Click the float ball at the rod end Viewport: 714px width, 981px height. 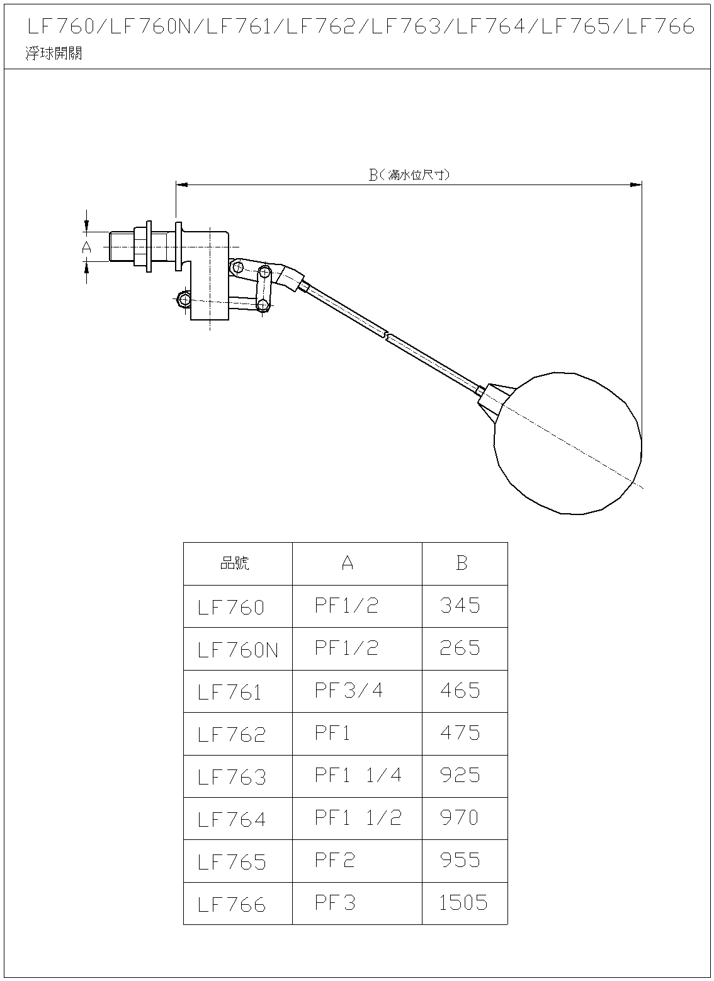(568, 443)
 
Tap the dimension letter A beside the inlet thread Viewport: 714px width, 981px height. (87, 247)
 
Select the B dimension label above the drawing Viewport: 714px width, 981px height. (409, 175)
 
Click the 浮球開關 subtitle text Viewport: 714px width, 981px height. (54, 54)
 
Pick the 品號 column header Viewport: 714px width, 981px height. (234, 563)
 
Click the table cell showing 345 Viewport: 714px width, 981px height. (460, 606)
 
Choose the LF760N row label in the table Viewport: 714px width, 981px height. (238, 650)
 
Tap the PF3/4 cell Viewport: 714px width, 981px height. (349, 691)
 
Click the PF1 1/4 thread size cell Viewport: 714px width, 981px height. (358, 775)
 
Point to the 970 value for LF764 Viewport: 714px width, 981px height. (460, 818)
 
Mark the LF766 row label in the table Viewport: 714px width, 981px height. (232, 905)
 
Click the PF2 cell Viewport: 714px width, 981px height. (335, 860)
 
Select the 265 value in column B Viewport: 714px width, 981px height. (460, 648)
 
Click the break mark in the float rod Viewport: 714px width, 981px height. (387, 336)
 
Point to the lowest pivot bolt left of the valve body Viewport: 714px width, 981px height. (184, 300)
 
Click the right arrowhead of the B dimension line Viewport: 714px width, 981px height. (636, 185)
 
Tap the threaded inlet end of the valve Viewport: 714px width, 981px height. (122, 247)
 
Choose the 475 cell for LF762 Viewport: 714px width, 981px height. (460, 733)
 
